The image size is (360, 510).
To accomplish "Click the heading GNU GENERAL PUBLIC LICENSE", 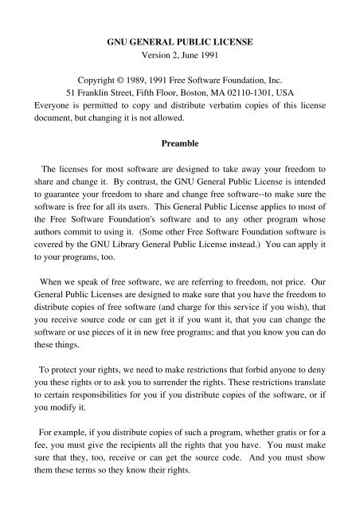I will (x=179, y=37).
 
